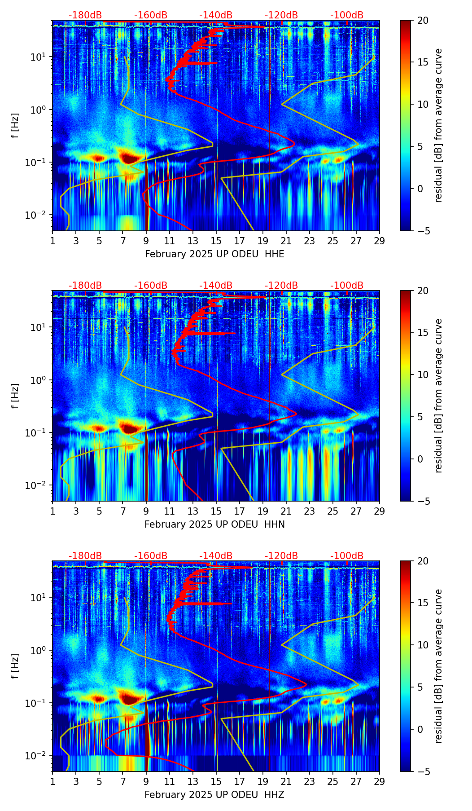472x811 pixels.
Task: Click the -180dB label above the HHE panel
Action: tap(85, 15)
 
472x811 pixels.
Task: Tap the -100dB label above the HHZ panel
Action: tap(347, 556)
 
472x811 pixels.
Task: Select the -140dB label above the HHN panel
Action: tap(216, 286)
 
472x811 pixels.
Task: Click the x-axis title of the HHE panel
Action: tap(214, 254)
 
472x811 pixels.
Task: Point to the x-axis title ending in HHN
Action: tap(214, 525)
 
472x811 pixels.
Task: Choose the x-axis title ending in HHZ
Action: tap(214, 795)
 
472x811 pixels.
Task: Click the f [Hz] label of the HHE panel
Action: tap(16, 126)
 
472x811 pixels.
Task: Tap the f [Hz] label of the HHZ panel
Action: tap(16, 666)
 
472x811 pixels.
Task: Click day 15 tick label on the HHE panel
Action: tap(216, 241)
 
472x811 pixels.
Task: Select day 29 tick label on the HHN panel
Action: tap(380, 511)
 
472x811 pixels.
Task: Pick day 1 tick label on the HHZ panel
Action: tap(52, 781)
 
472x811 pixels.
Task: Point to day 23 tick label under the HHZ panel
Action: tap(310, 781)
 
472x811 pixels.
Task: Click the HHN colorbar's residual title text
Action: tap(439, 396)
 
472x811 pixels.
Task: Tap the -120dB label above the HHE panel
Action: tap(281, 15)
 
